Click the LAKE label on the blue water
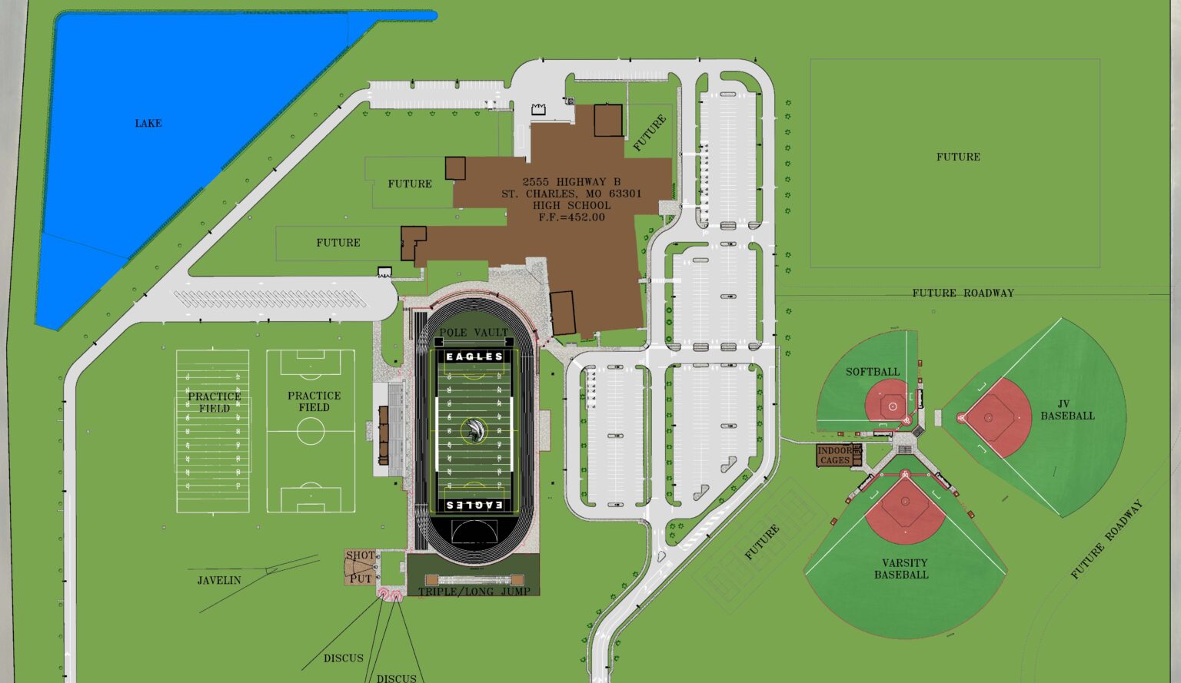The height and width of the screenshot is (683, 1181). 148,123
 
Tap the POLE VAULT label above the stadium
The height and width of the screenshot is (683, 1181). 474,333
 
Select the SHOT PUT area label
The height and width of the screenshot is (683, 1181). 360,567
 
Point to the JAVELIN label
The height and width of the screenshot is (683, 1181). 219,581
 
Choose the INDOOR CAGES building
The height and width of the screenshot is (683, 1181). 835,456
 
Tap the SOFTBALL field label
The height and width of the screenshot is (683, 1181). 873,372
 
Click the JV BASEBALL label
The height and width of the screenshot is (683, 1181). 1067,410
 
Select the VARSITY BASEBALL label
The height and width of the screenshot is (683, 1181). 904,569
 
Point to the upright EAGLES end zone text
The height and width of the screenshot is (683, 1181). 474,356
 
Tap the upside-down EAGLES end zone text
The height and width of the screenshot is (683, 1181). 474,505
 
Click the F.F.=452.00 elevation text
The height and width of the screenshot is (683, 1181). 571,217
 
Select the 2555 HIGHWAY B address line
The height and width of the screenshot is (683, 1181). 571,182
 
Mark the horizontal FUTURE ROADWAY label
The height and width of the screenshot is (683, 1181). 963,293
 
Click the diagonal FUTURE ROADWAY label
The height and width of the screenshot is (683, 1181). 1107,539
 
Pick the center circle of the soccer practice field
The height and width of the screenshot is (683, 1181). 311,431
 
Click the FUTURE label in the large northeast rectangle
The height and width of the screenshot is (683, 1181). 958,157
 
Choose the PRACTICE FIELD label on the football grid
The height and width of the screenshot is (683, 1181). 215,402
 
